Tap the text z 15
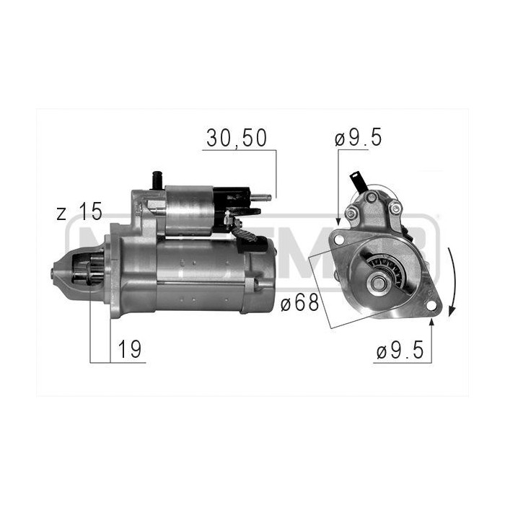(x=79, y=213)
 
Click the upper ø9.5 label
(x=358, y=139)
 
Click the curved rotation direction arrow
(x=451, y=281)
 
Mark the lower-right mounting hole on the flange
(x=431, y=306)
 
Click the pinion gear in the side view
(x=85, y=274)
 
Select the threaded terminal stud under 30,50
(x=265, y=195)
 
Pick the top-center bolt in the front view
(x=371, y=197)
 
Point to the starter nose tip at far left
(x=54, y=273)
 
